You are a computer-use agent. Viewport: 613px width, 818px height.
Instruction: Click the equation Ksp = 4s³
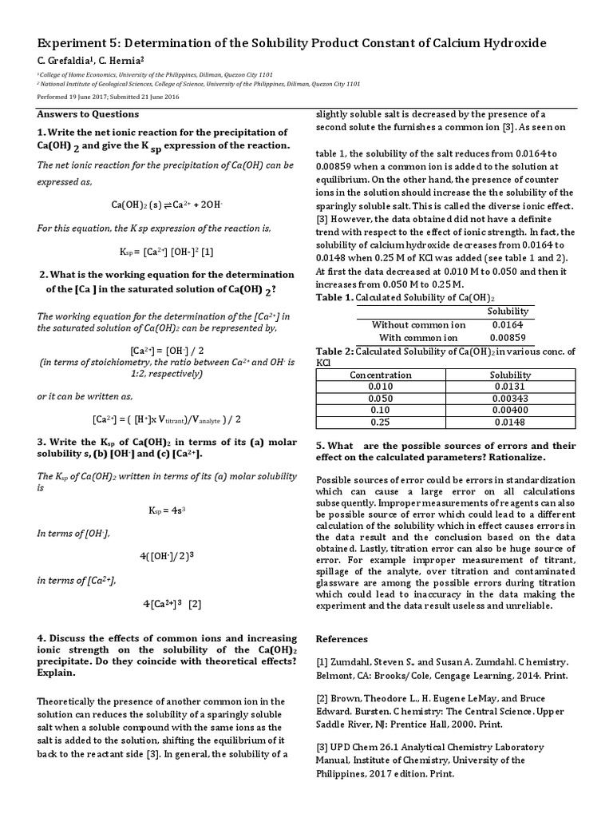click(x=166, y=509)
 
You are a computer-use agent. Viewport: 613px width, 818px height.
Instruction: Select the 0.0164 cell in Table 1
click(x=507, y=324)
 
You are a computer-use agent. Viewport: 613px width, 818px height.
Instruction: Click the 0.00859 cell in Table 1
click(x=507, y=338)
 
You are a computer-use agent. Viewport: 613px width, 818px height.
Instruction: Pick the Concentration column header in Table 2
click(x=374, y=375)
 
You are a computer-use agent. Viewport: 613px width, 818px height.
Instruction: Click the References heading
click(x=342, y=638)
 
